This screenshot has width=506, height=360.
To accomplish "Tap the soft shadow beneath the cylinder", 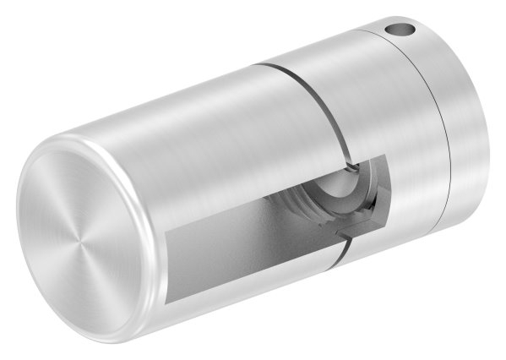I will [x=253, y=338].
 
